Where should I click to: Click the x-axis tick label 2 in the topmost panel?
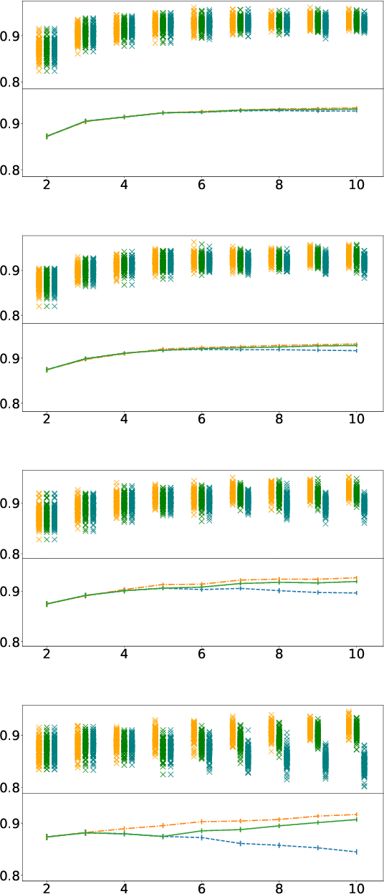pos(47,184)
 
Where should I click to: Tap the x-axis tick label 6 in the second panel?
pos(202,419)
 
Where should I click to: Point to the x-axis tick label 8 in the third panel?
pos(279,653)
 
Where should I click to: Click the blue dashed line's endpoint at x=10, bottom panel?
pos(356,852)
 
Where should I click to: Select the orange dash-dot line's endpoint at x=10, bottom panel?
pos(356,814)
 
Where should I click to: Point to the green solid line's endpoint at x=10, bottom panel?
pos(356,819)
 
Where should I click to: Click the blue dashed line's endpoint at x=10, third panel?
pos(356,593)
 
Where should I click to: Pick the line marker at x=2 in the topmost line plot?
pos(47,136)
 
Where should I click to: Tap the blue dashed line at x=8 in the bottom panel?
pos(279,845)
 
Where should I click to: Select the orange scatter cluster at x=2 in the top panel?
pos(39,49)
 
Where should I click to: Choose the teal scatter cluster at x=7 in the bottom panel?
pos(248,756)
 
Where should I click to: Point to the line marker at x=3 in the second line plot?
pos(86,358)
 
